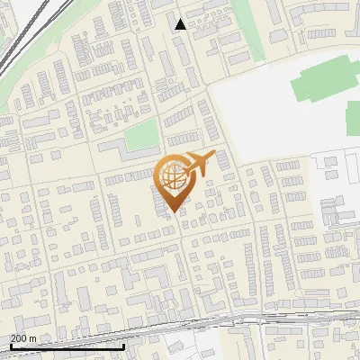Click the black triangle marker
tap(181, 24)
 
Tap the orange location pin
tap(173, 180)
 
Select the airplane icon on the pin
tap(195, 165)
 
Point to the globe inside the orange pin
tap(172, 175)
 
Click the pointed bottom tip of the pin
tap(173, 211)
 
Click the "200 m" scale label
tap(23, 338)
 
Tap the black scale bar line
tap(67, 346)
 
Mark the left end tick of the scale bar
tap(12, 345)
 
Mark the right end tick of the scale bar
tap(123, 345)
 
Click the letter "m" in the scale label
tap(32, 338)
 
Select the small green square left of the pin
tap(139, 136)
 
